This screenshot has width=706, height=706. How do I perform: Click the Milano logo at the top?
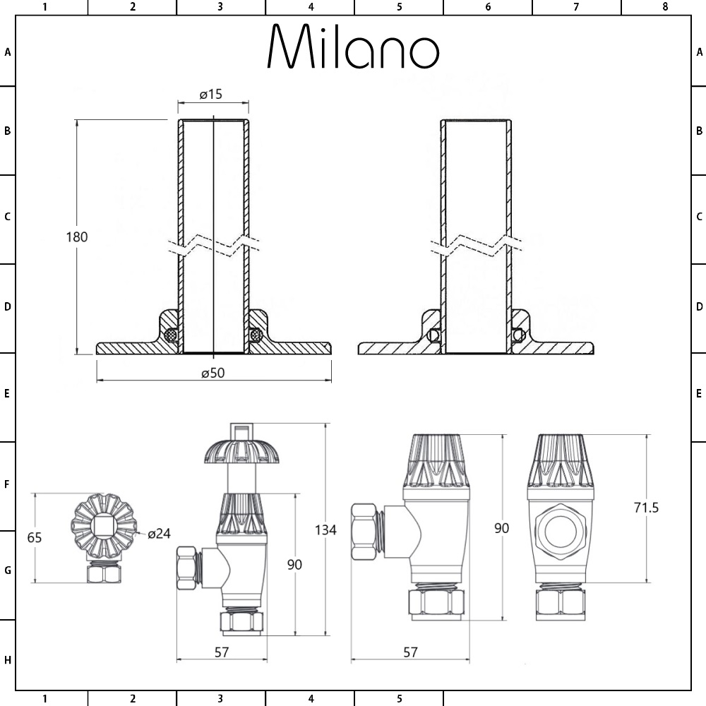354,46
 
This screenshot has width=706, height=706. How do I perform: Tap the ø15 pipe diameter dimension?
211,94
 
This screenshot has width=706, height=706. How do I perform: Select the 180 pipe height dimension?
76,237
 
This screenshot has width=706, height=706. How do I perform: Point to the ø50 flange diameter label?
213,373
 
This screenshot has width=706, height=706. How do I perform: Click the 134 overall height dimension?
325,530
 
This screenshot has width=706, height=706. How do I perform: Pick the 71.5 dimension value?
646,508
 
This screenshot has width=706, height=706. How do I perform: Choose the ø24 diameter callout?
159,534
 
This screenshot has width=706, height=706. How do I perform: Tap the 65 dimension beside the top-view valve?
34,537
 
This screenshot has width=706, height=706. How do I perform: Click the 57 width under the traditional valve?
222,652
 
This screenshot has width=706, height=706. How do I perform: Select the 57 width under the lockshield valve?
410,652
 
